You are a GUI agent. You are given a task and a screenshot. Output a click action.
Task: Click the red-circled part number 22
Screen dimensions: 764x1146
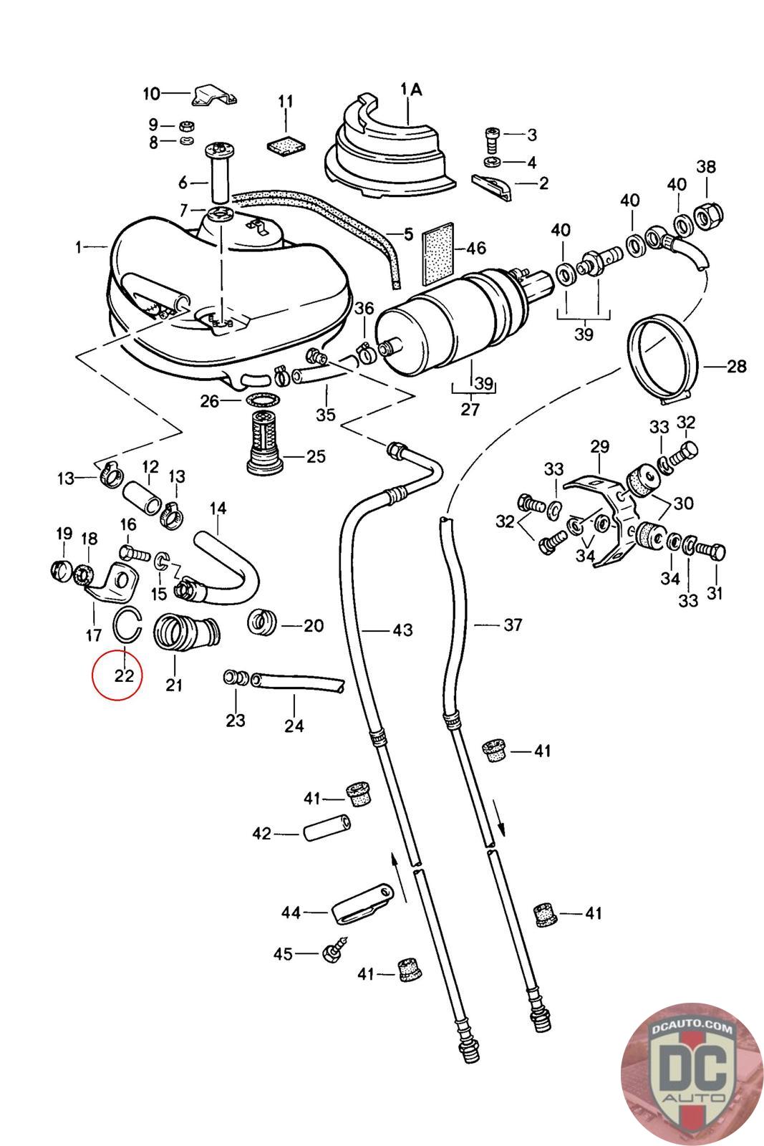click(124, 676)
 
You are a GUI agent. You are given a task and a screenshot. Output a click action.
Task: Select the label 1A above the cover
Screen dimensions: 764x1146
click(411, 90)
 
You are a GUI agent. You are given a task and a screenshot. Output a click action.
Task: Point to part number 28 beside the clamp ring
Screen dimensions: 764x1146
click(736, 366)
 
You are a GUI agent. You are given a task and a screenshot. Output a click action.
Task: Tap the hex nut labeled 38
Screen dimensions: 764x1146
click(708, 217)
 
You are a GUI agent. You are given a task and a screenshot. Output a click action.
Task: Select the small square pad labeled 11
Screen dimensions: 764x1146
click(286, 145)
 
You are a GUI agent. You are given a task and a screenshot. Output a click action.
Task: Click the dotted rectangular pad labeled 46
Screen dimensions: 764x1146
click(439, 254)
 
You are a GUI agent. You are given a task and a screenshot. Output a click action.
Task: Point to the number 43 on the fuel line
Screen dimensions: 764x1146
click(402, 630)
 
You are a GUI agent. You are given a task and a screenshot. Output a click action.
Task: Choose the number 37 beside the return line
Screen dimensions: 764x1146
click(513, 625)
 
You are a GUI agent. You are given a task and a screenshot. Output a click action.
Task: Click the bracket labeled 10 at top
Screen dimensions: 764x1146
click(214, 95)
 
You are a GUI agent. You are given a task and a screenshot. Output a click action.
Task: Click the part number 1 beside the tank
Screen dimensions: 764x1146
click(78, 248)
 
